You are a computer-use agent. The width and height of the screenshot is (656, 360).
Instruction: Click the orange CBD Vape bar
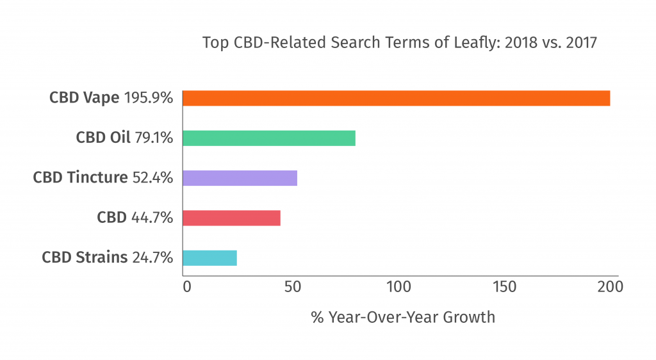pyautogui.click(x=396, y=98)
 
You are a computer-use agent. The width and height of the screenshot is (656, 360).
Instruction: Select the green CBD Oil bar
pyautogui.click(x=269, y=138)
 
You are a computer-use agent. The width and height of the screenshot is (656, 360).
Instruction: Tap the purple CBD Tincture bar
pyautogui.click(x=240, y=177)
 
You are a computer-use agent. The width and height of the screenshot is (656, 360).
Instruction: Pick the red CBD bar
pyautogui.click(x=231, y=218)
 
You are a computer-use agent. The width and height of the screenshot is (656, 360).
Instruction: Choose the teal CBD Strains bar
pyautogui.click(x=209, y=258)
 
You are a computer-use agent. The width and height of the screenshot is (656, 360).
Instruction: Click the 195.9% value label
pyautogui.click(x=148, y=98)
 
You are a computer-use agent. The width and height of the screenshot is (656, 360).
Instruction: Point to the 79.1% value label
pyautogui.click(x=154, y=138)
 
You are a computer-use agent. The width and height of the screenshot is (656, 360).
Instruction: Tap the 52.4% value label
pyautogui.click(x=152, y=177)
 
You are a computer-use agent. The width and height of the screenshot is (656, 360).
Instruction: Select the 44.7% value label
pyautogui.click(x=152, y=218)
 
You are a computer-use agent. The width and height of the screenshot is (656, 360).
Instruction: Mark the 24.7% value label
pyautogui.click(x=152, y=258)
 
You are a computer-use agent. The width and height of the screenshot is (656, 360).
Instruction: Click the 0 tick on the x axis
pyautogui.click(x=186, y=287)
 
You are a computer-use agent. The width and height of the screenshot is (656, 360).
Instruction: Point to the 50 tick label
pyautogui.click(x=293, y=287)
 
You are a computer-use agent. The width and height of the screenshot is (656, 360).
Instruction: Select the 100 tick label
pyautogui.click(x=397, y=287)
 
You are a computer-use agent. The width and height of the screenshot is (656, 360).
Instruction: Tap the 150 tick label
pyautogui.click(x=504, y=287)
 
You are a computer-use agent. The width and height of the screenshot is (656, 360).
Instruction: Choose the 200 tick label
pyautogui.click(x=609, y=287)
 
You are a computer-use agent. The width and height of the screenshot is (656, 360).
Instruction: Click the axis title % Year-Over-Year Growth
pyautogui.click(x=403, y=317)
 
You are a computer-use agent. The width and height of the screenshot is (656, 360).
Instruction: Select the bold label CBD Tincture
pyautogui.click(x=81, y=177)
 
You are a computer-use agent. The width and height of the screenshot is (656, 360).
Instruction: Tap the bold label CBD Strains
pyautogui.click(x=85, y=258)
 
